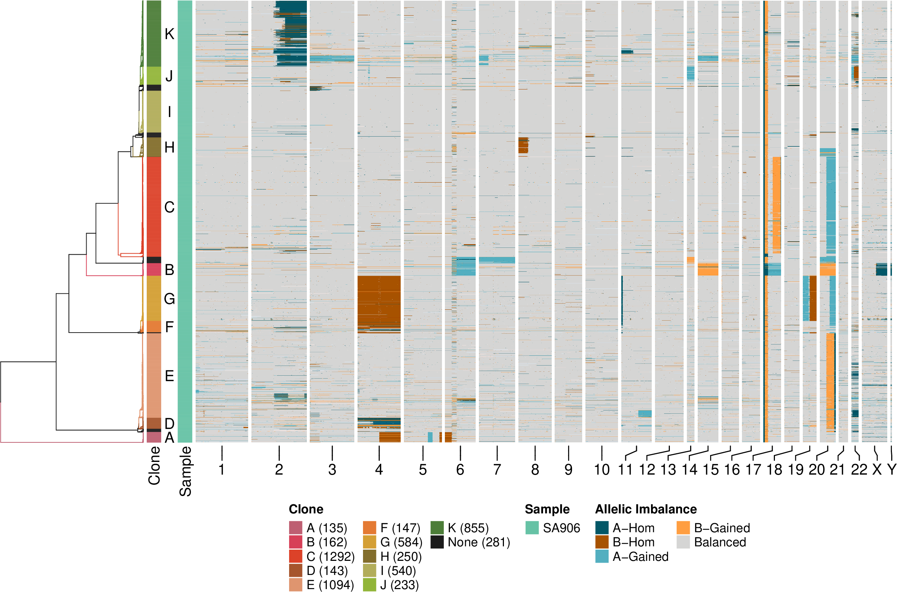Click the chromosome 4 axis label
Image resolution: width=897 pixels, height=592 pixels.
tap(379, 470)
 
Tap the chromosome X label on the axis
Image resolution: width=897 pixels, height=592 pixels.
tap(877, 470)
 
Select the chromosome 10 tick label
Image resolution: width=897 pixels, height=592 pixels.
tap(602, 470)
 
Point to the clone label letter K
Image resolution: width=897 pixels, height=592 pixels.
tap(170, 34)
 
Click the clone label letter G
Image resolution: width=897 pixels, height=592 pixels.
tap(170, 299)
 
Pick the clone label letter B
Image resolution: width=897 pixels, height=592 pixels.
tap(170, 270)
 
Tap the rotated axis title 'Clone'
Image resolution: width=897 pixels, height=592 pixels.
tap(154, 465)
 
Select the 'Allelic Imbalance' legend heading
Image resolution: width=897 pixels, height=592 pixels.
tap(646, 509)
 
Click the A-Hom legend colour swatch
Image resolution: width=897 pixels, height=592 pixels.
tap(602, 528)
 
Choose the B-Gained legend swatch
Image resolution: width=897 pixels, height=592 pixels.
tap(683, 528)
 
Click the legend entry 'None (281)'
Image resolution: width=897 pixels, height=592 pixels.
tap(479, 542)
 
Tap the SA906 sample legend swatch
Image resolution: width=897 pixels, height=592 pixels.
tap(532, 528)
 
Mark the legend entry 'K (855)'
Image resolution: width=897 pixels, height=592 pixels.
tap(468, 528)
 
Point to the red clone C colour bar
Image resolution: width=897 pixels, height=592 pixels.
tap(154, 207)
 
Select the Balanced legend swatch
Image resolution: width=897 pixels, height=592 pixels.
tap(683, 542)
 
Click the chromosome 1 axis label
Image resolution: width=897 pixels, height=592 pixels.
tap(222, 470)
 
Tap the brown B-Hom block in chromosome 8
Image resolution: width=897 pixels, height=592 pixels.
tap(523, 145)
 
